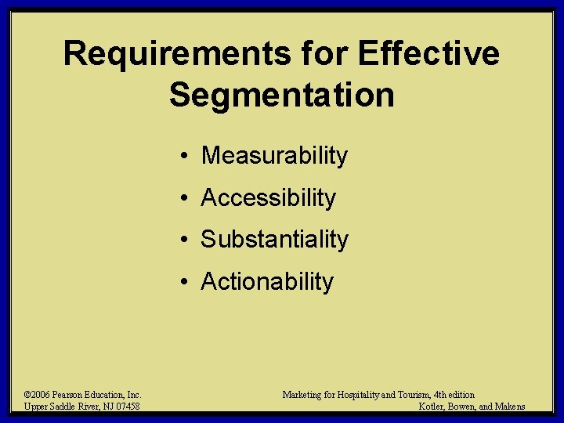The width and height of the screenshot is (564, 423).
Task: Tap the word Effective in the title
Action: click(428, 54)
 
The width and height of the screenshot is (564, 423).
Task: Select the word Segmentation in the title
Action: click(281, 95)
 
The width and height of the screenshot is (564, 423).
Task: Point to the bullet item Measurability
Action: click(274, 156)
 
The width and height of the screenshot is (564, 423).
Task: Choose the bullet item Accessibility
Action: click(268, 198)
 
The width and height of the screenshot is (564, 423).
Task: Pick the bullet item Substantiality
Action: click(274, 240)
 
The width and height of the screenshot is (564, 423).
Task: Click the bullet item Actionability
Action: click(267, 281)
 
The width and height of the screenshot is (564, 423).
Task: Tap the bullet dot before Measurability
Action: click(181, 157)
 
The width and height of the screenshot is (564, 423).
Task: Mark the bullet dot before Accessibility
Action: click(181, 199)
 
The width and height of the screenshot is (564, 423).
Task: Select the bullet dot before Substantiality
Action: click(181, 240)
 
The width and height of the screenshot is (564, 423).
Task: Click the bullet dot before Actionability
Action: click(181, 282)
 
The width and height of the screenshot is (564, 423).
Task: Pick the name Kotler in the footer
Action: click(432, 406)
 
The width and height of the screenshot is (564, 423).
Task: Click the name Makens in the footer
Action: click(510, 406)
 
